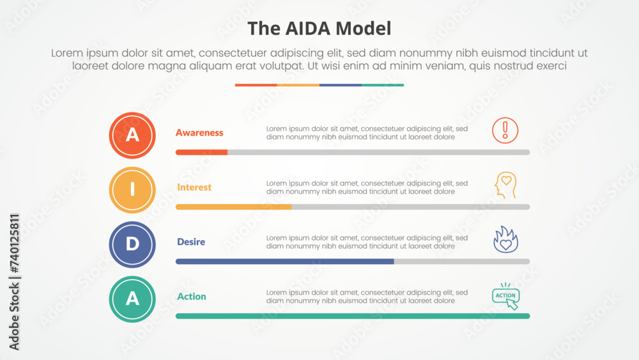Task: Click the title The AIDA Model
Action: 319,28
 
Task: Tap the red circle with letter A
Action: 132,135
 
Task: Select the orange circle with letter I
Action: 132,189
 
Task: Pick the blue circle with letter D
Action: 132,244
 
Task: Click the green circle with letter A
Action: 132,299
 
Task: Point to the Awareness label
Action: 199,133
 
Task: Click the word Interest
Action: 194,187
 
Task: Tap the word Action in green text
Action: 192,297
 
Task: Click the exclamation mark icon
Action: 505,130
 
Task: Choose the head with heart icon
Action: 505,184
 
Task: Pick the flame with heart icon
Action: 505,239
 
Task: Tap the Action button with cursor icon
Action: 506,296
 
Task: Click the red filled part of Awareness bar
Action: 201,152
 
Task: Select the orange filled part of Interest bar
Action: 233,207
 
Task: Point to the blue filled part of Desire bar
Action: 284,262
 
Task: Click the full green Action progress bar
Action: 353,316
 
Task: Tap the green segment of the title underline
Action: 382,84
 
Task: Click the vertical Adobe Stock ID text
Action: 15,281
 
